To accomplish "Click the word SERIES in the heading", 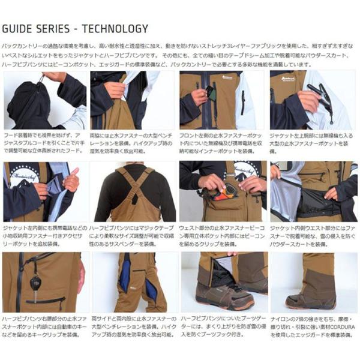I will coord(58,28).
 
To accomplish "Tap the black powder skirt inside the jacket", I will coord(300,207).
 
